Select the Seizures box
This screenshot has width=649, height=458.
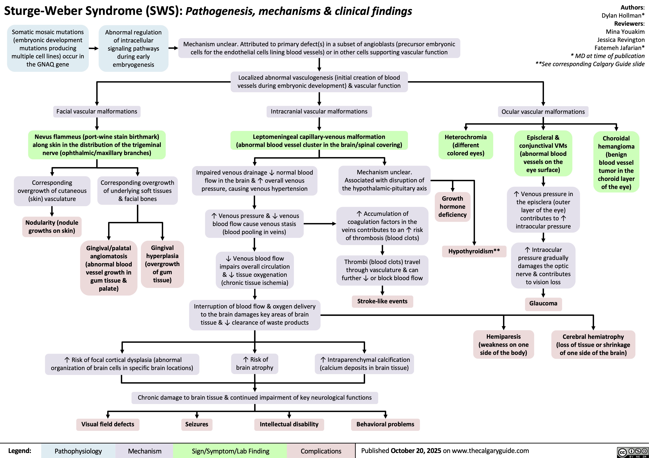click(x=197, y=424)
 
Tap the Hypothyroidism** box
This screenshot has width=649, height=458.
click(x=474, y=251)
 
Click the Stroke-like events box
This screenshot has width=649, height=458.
click(x=382, y=301)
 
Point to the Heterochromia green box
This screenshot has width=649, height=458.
click(x=466, y=145)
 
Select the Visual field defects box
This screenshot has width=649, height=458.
click(x=108, y=424)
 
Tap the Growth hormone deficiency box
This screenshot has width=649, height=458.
click(x=452, y=207)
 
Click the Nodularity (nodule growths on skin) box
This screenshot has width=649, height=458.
click(x=52, y=227)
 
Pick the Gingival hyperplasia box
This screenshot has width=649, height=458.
click(x=162, y=264)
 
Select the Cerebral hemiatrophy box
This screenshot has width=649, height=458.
click(x=593, y=345)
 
